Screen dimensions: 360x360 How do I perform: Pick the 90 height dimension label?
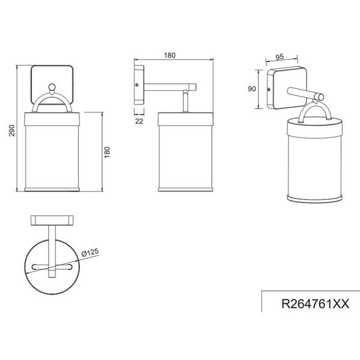point(252,88)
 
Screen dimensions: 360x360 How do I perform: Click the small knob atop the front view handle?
point(53,89)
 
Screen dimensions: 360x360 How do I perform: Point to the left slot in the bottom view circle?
point(38,265)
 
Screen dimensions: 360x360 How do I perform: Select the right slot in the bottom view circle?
point(68,265)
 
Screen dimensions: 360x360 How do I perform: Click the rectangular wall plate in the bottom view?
point(53,219)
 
